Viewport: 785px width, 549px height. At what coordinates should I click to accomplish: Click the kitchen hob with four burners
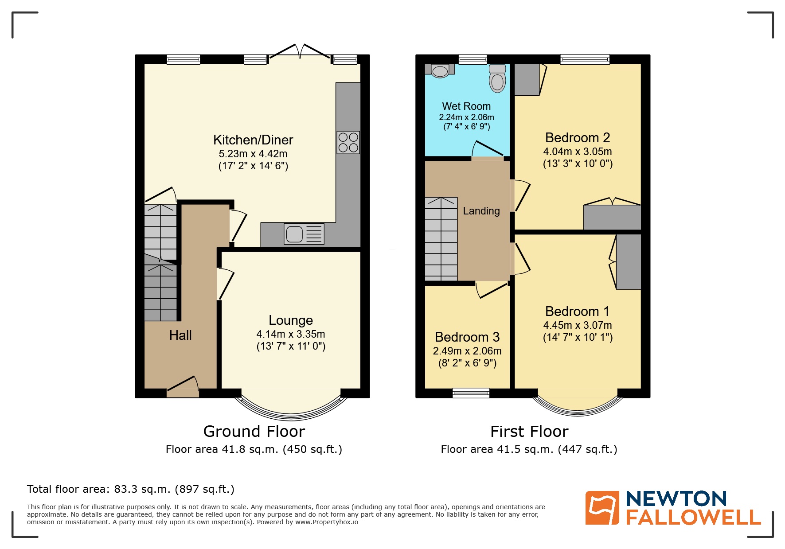(348, 142)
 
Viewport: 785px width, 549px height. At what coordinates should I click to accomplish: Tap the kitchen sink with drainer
(304, 234)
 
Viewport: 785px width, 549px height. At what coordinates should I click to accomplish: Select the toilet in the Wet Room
(497, 79)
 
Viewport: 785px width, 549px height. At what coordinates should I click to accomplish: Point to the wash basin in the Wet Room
(440, 70)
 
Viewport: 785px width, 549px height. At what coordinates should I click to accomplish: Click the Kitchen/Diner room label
(253, 140)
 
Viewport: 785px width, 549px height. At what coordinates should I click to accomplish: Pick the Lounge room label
(290, 320)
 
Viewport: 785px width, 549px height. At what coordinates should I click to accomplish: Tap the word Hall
(180, 335)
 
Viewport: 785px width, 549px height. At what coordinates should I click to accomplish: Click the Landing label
(481, 211)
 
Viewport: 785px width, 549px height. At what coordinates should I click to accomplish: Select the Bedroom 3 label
(467, 337)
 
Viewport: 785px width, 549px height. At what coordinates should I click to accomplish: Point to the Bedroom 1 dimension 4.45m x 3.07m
(577, 325)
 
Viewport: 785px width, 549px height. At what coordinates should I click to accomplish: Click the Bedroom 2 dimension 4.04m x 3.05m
(577, 152)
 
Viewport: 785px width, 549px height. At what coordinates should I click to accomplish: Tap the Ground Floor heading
(254, 431)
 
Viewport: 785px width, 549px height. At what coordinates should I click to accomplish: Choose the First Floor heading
(529, 431)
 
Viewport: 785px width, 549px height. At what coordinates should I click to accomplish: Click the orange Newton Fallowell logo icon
(602, 508)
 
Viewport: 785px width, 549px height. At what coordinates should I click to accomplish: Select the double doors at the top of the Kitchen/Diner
(300, 52)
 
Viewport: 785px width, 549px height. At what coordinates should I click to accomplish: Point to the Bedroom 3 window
(471, 393)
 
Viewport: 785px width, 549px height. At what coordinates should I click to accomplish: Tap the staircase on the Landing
(441, 239)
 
